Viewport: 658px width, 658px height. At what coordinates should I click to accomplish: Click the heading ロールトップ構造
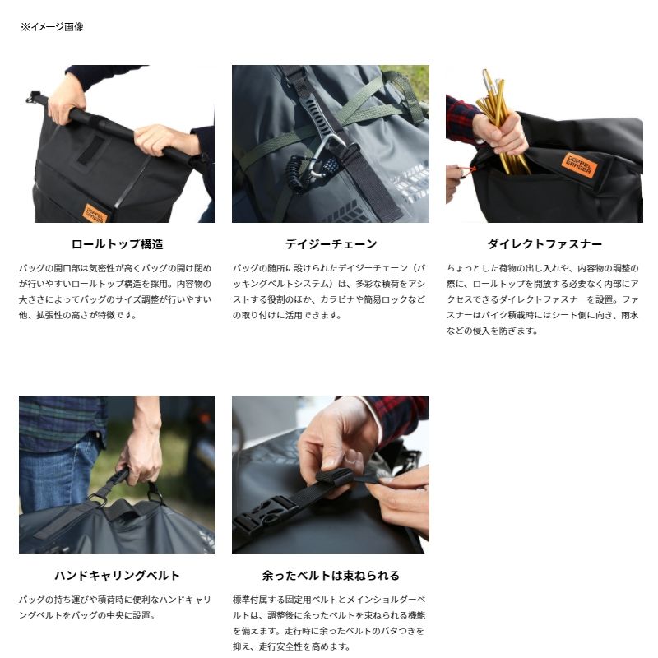[x=117, y=243]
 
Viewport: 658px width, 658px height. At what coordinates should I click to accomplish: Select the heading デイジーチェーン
[x=331, y=243]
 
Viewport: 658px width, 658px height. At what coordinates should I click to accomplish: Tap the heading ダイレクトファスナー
[x=544, y=243]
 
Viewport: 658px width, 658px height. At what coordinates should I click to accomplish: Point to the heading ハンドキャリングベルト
[x=117, y=575]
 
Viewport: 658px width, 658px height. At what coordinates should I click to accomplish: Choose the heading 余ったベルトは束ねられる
[x=331, y=575]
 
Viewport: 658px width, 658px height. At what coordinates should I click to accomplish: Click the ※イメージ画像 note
[x=52, y=27]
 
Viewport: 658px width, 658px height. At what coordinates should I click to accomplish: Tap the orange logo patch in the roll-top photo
[x=95, y=213]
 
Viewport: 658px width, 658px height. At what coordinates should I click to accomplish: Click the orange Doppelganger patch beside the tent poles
[x=579, y=165]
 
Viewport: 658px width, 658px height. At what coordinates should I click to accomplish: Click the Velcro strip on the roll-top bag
[x=92, y=151]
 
